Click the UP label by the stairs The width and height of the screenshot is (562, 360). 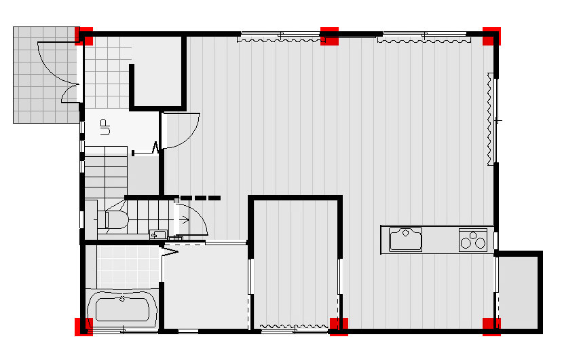pos(105,127)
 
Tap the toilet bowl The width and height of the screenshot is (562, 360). pos(117,219)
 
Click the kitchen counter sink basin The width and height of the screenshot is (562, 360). pos(405,239)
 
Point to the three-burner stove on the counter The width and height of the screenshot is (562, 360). pos(473,240)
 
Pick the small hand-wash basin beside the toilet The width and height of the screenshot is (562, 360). pos(158,234)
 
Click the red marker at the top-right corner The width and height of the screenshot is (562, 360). pos(491,36)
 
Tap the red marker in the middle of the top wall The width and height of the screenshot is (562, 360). pos(329,36)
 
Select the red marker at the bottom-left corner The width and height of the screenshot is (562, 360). pos(84,327)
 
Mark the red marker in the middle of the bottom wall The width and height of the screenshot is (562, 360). pos(339,327)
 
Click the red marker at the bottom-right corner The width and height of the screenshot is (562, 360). pos(491,327)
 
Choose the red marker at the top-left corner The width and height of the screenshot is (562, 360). pos(84,36)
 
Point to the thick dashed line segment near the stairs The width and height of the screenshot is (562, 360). pos(200,198)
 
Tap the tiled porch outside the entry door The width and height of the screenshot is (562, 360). pos(46,75)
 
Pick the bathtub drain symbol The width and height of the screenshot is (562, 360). pos(122,299)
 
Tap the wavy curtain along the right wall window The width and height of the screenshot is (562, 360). pos(489,119)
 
